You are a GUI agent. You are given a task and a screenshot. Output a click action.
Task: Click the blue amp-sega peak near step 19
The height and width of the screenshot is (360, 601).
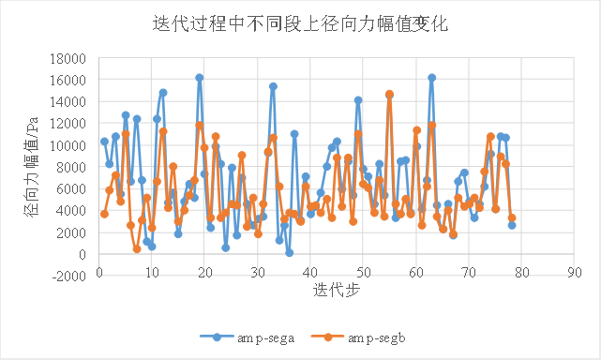coord(199,78)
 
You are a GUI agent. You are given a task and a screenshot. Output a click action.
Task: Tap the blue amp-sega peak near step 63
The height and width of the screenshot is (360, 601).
coord(431,78)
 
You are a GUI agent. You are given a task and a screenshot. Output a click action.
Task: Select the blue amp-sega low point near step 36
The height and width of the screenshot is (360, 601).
coord(289,252)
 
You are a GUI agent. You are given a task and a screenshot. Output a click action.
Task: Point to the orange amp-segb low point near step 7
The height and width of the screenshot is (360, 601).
coord(136,248)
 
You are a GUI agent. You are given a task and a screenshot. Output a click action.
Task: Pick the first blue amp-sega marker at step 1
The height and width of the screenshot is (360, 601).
coord(104,142)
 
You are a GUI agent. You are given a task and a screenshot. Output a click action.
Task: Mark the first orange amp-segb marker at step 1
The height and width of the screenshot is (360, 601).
coord(104,214)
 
